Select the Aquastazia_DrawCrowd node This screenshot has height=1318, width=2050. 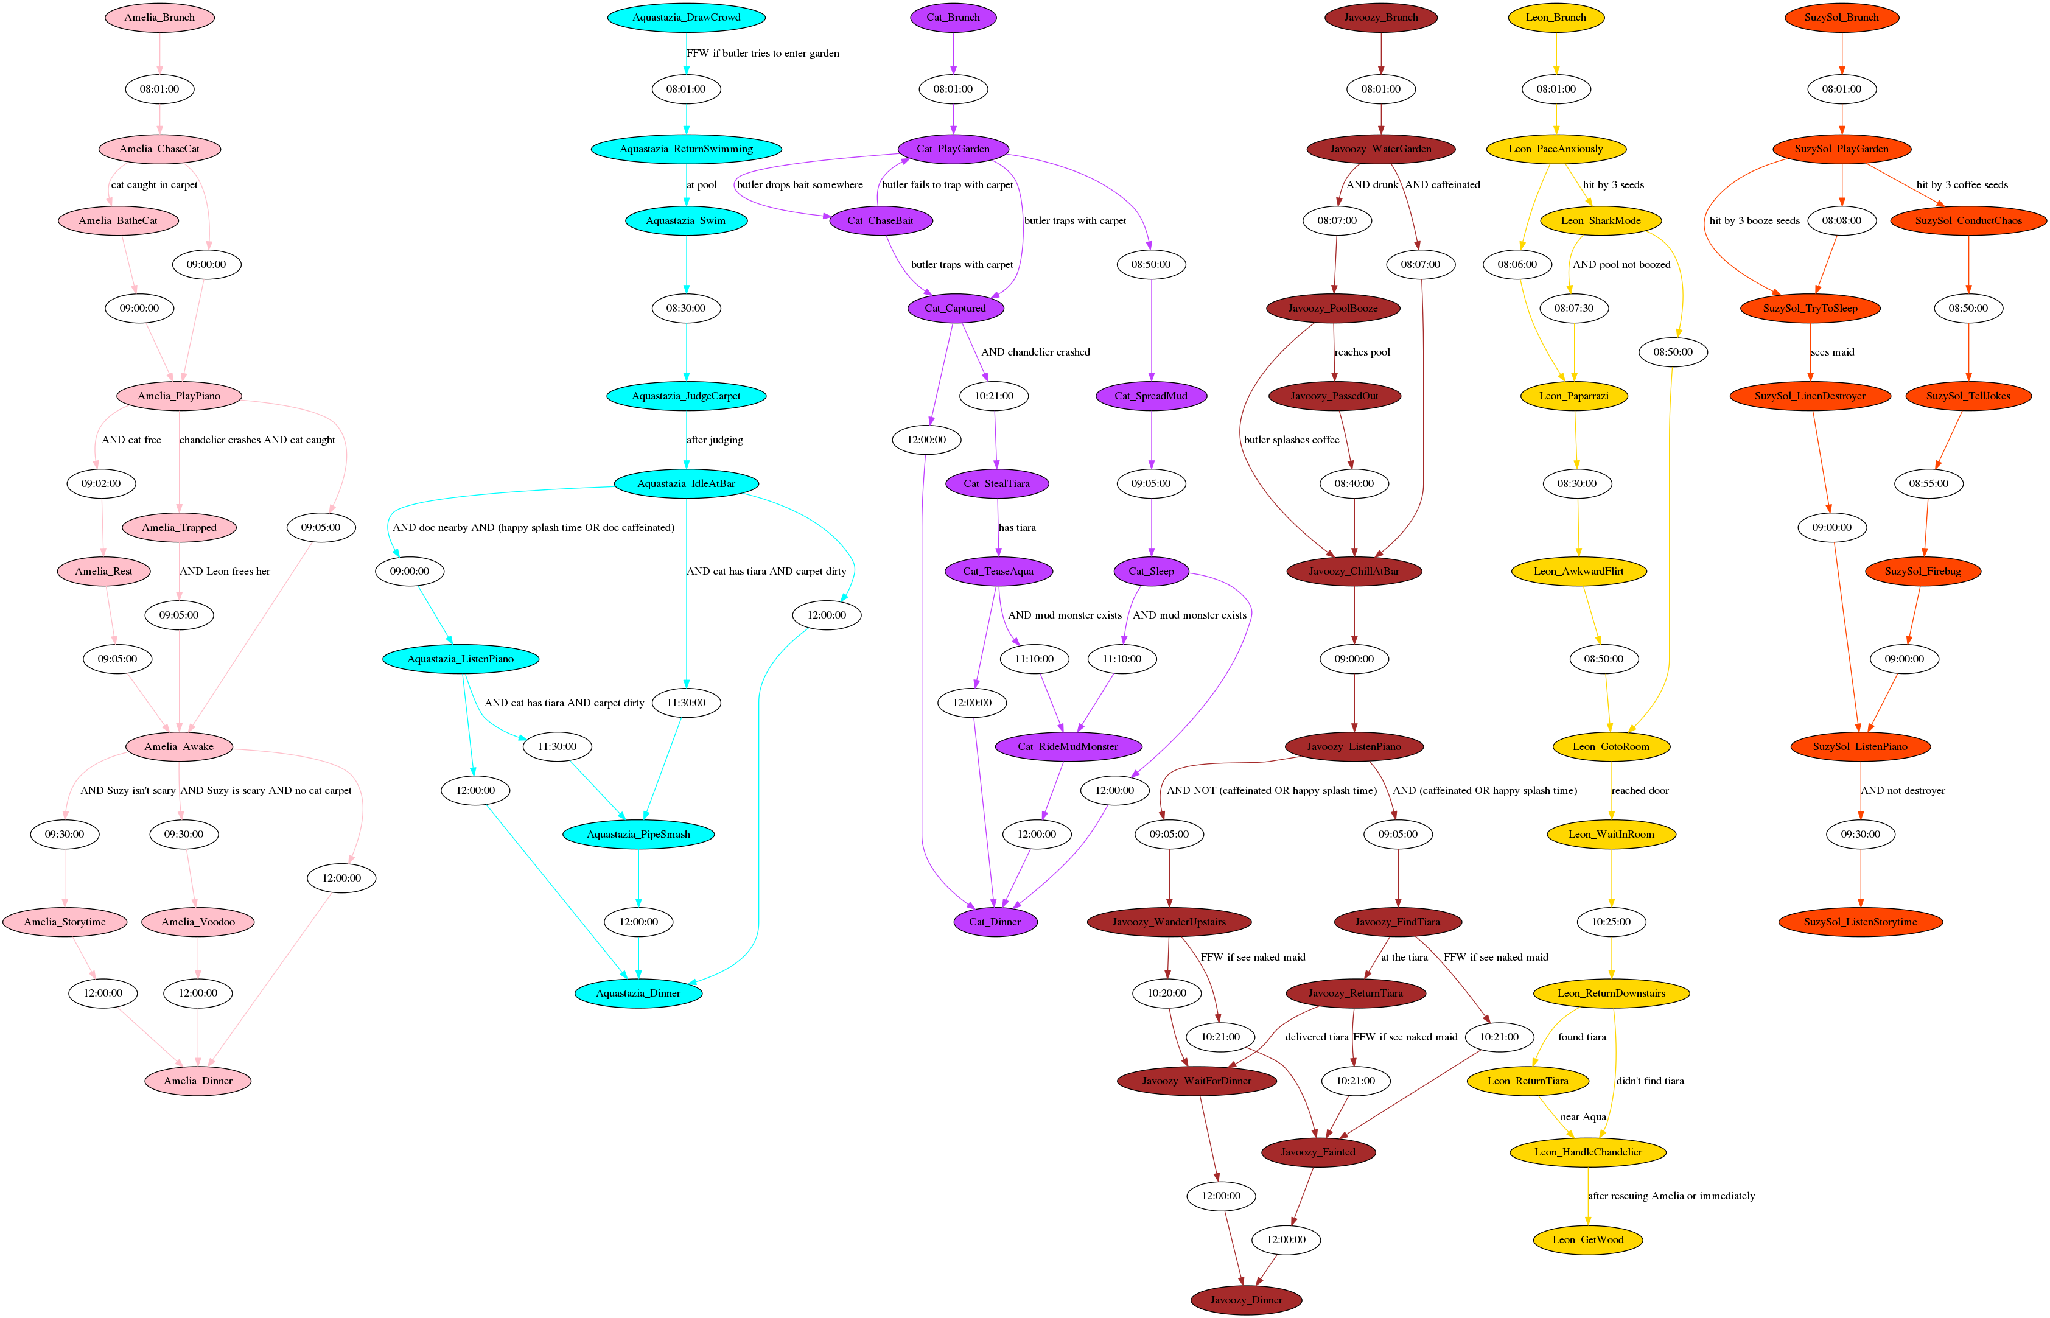(x=686, y=17)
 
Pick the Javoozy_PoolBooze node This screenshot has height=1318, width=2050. (x=1333, y=308)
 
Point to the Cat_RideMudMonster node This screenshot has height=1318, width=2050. (x=1068, y=747)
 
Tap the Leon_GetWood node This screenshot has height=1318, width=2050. (x=1588, y=1240)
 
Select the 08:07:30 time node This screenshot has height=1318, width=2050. (x=1574, y=308)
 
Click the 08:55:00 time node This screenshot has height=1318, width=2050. (x=1928, y=483)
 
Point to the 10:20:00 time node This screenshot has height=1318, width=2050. (x=1167, y=994)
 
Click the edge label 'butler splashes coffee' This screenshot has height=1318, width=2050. (x=1291, y=440)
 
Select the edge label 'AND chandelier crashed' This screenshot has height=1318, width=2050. (x=1035, y=352)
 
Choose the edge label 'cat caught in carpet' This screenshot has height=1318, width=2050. (x=154, y=185)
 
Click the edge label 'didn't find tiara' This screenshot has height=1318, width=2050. (x=1649, y=1081)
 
